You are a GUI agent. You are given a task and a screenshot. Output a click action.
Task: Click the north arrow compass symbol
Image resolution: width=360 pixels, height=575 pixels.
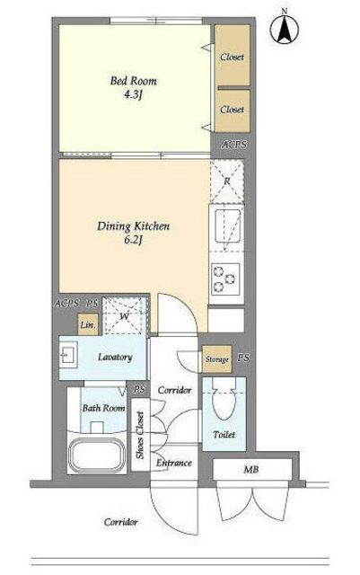click(x=284, y=28)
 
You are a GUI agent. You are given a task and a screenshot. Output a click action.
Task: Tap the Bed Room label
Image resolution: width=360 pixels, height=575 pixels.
click(x=134, y=81)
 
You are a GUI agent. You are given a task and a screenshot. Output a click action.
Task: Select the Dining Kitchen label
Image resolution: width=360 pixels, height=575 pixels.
click(x=134, y=226)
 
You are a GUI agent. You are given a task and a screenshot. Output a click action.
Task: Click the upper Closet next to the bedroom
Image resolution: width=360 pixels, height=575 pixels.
click(x=232, y=56)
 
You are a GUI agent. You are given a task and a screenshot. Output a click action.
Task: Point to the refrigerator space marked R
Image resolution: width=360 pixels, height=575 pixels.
click(x=227, y=181)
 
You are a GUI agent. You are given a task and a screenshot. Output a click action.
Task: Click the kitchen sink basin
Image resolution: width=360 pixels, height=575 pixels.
click(x=228, y=226)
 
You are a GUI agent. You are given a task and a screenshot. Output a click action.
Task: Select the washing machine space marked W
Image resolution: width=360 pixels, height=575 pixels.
click(x=125, y=315)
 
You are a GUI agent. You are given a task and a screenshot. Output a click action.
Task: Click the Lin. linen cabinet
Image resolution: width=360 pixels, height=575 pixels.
click(x=88, y=324)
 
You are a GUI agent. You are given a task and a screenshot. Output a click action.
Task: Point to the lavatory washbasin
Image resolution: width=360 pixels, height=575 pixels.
click(x=68, y=355)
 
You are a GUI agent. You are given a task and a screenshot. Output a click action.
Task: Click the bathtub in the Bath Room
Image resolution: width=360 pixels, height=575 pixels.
click(x=97, y=455)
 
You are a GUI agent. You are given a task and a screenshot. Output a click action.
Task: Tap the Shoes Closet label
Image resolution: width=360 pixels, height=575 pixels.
click(x=140, y=435)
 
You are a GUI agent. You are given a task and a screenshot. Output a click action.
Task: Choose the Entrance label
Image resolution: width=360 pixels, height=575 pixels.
click(x=174, y=463)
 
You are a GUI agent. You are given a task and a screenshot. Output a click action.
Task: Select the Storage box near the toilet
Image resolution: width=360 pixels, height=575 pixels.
click(x=217, y=359)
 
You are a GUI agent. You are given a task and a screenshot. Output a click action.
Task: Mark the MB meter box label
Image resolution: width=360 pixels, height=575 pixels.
click(x=251, y=469)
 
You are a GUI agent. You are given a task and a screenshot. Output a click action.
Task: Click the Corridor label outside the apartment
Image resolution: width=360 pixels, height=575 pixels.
click(x=120, y=522)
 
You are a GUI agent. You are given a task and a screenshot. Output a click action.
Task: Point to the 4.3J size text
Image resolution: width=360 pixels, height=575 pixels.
click(x=133, y=95)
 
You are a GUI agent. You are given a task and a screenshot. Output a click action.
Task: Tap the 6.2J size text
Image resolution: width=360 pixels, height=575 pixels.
click(x=133, y=240)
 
